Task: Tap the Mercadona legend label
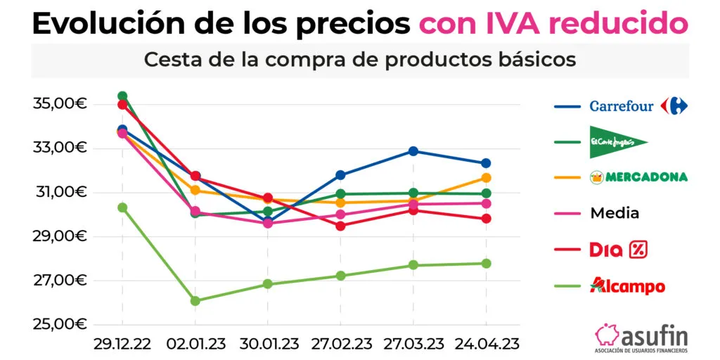pos(638,176)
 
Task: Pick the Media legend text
pos(615,212)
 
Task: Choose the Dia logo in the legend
pos(617,249)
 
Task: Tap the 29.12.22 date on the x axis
pos(122,344)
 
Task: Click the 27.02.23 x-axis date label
pos(340,344)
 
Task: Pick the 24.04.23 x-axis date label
pos(487,344)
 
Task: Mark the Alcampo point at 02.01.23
pos(195,301)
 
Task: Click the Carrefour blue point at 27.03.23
pos(413,151)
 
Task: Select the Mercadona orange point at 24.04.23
pos(487,178)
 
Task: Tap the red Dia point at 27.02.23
pos(340,226)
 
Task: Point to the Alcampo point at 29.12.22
pos(122,207)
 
